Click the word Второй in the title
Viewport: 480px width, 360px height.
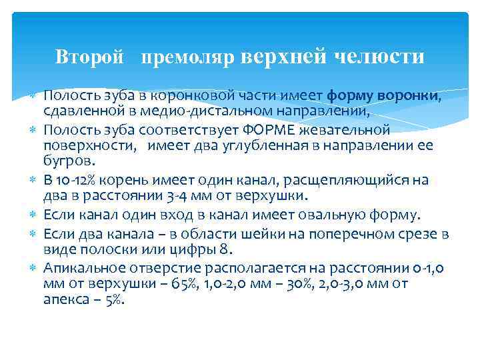[x=89, y=57]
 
